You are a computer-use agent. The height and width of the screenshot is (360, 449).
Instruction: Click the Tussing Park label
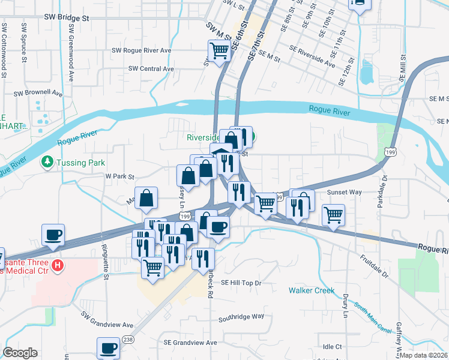[x=80, y=163]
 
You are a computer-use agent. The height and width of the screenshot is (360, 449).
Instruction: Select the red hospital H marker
[x=57, y=265]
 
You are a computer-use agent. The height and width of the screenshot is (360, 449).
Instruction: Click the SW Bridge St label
[x=66, y=19]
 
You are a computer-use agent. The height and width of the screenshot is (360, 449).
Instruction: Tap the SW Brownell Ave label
[x=38, y=94]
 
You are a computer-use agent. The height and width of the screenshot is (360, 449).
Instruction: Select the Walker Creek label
[x=311, y=290]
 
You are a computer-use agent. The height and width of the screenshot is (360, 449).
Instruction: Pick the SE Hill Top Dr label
[x=242, y=282]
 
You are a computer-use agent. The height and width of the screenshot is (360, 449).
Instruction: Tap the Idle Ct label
[x=332, y=347]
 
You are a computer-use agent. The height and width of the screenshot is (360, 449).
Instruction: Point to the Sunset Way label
[x=345, y=193]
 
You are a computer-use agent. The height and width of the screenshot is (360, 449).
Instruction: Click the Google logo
[x=20, y=353]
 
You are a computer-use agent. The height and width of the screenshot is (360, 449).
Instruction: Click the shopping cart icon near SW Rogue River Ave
[x=220, y=50]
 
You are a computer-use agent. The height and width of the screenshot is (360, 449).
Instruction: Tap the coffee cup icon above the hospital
[x=53, y=234]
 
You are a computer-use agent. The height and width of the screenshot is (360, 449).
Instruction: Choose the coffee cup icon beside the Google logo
[x=109, y=347]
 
